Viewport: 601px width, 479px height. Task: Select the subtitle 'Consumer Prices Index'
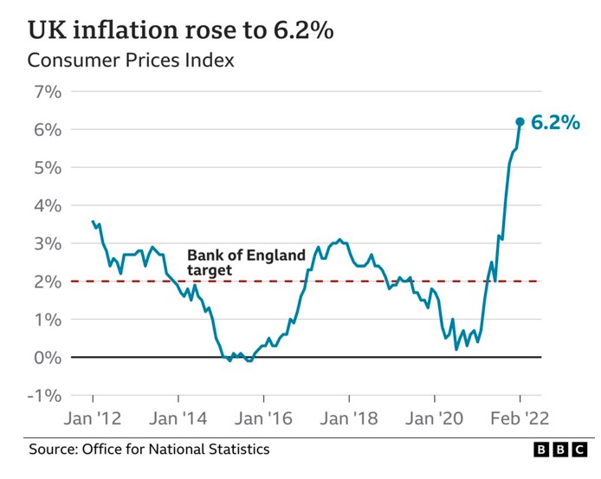[131, 61]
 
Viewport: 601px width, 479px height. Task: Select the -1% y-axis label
[43, 396]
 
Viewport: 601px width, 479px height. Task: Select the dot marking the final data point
[520, 122]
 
